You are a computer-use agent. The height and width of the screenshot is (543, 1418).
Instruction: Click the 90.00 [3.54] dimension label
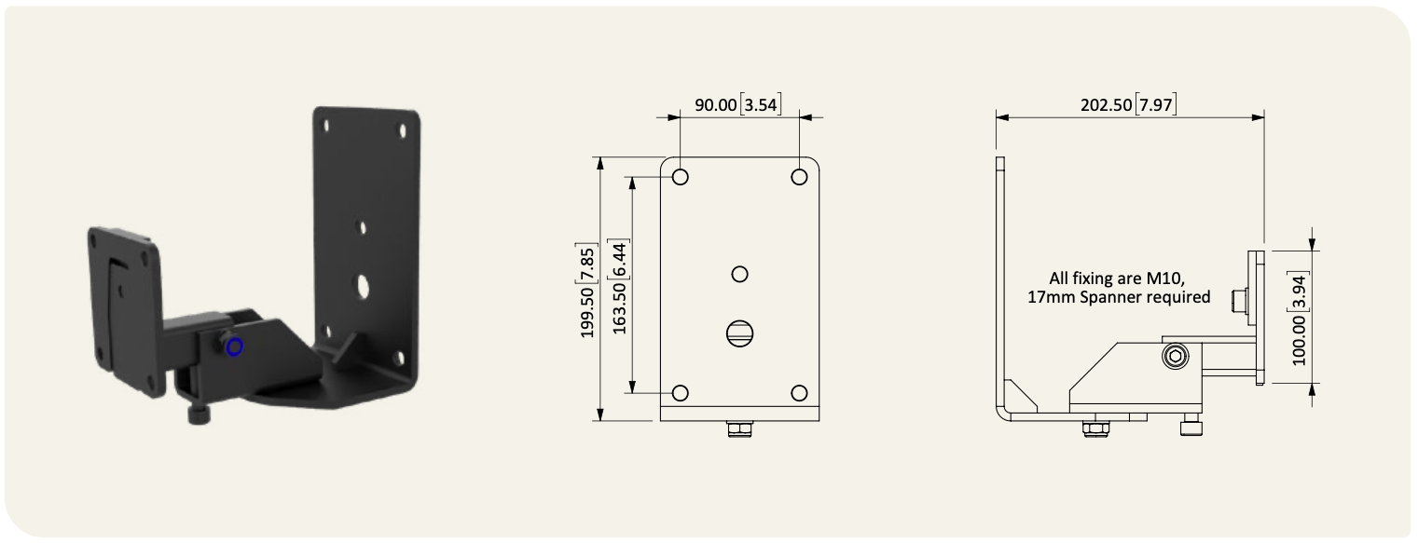pos(738,104)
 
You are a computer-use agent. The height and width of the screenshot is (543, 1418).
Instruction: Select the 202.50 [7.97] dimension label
pos(1129,104)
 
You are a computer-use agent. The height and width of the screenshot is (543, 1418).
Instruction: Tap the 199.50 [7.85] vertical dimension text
pos(586,291)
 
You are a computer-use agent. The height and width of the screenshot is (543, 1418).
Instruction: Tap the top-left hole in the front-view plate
pos(680,177)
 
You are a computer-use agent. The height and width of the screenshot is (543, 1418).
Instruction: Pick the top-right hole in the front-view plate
pos(799,177)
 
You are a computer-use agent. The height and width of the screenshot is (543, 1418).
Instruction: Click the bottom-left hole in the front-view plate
pos(680,393)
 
